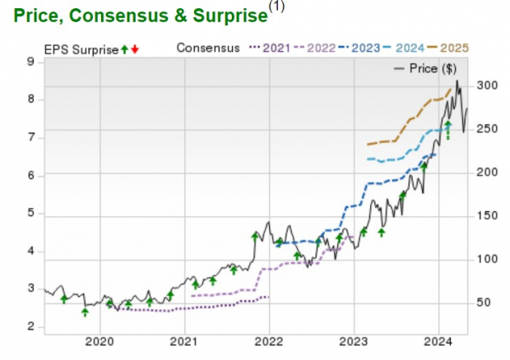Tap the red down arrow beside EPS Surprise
pyautogui.click(x=135, y=49)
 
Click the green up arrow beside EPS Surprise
pyautogui.click(x=124, y=49)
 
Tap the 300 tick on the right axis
pyautogui.click(x=486, y=85)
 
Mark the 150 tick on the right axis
pyautogui.click(x=486, y=215)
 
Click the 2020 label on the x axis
pyautogui.click(x=99, y=341)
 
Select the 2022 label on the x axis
pyautogui.click(x=269, y=341)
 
